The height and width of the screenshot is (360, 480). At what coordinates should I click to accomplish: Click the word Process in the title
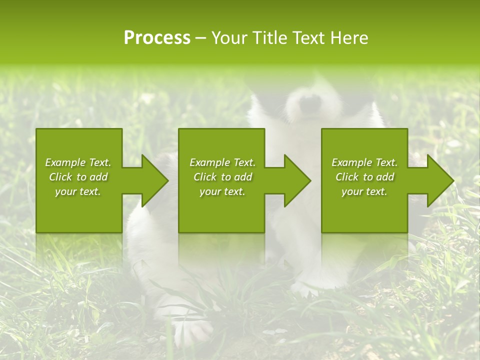click(x=157, y=38)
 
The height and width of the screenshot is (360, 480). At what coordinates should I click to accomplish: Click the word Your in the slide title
click(x=230, y=38)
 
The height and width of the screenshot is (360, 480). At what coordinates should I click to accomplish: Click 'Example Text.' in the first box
click(x=78, y=162)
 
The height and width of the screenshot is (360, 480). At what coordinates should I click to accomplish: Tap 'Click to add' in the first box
click(x=78, y=177)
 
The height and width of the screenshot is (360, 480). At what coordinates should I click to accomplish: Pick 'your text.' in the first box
click(x=78, y=191)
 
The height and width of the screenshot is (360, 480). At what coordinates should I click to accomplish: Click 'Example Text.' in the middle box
click(x=222, y=162)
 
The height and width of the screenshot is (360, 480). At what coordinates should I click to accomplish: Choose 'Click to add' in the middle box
click(x=222, y=177)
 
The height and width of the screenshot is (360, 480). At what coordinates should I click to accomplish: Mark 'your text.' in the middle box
click(x=222, y=191)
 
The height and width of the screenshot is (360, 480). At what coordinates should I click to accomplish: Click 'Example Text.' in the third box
click(x=364, y=162)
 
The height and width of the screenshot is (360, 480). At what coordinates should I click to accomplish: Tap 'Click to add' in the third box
click(x=364, y=177)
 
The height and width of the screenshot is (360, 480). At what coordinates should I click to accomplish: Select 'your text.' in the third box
click(x=364, y=191)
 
